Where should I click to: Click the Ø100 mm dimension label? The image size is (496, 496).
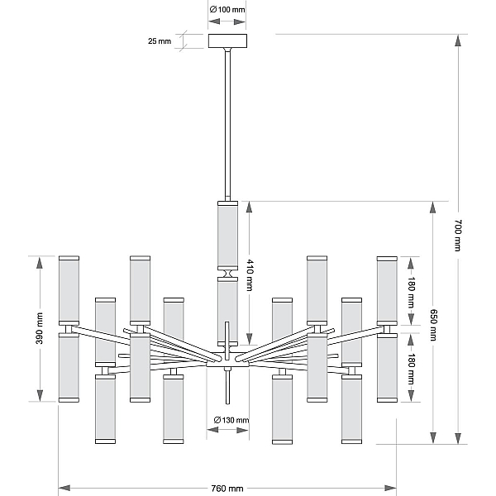pos(227,10)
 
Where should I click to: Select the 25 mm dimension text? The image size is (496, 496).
pos(160,41)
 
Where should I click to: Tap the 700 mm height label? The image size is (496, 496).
pos(458,236)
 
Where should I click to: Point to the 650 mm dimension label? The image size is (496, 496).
pos(433,325)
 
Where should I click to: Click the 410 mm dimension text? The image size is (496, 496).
pos(250,275)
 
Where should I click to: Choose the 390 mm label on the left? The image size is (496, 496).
pos(39,328)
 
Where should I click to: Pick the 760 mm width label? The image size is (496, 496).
pos(227,489)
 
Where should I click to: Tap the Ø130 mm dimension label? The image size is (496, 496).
pos(231,420)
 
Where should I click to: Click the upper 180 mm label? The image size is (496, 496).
pos(411,293)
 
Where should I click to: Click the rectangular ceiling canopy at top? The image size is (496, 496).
pos(227,41)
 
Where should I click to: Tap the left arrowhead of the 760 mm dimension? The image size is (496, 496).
pos(64,488)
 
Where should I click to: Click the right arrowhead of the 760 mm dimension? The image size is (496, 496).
pos(390,488)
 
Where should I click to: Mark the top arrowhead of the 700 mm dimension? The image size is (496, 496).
pos(458,41)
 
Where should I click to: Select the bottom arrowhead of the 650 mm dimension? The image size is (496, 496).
pos(433,438)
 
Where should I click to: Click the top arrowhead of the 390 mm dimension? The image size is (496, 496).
pos(40,263)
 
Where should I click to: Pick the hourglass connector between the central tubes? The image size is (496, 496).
pos(228,274)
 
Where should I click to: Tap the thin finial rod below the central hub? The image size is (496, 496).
pos(227,385)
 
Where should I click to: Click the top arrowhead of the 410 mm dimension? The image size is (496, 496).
pos(250,207)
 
